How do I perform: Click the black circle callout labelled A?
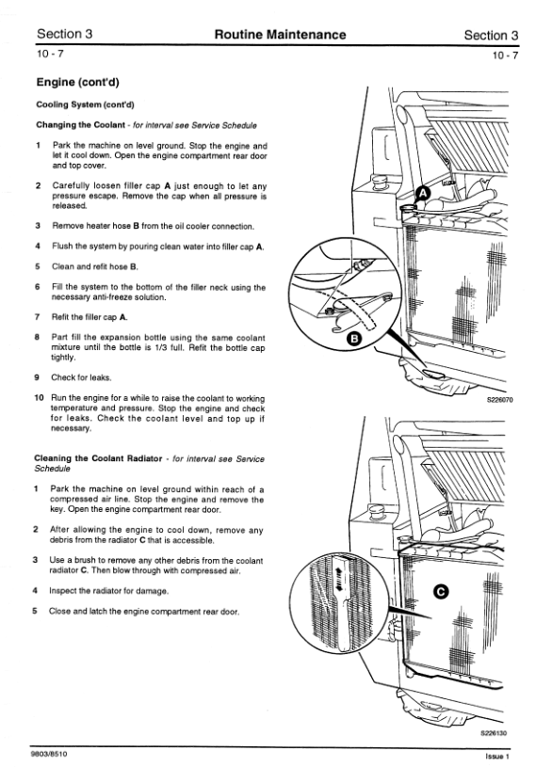pos(423,194)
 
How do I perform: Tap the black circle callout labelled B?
pos(354,339)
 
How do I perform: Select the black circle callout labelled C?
pos(441,592)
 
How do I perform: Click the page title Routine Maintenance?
pos(280,35)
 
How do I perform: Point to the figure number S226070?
pos(499,400)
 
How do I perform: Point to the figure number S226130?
pos(494,733)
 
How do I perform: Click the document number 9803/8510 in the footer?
pos(48,754)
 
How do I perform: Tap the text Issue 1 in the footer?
pos(497,757)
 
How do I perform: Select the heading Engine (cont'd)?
pos(77,82)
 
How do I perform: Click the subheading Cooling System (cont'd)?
pos(85,104)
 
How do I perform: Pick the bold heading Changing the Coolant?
pos(80,125)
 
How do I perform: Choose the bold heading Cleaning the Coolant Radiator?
pos(98,458)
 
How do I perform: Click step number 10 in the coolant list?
pos(40,398)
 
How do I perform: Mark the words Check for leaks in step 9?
pos(81,377)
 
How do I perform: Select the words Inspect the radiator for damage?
pos(108,591)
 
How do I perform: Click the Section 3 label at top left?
pos(64,34)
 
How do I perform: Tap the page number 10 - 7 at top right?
pos(505,55)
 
